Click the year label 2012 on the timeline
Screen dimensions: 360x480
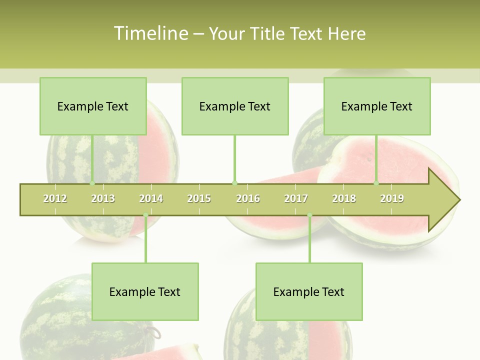coord(55,198)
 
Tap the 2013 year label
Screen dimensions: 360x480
coord(103,198)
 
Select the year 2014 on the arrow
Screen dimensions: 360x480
coord(151,198)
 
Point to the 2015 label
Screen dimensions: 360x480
coord(199,198)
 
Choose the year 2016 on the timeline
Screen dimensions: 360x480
coord(248,198)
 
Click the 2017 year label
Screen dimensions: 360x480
coord(296,198)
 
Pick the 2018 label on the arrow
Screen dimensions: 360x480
coord(344,198)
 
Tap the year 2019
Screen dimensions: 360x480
coord(392,198)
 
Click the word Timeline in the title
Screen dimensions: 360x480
coord(150,33)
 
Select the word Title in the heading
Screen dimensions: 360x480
coord(268,33)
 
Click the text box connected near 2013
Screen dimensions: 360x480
coord(93,106)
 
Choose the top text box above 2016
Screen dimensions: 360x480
coord(235,106)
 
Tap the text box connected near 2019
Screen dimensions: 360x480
coord(377,106)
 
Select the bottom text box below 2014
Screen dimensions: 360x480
coord(145,291)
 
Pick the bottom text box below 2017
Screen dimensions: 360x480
coord(309,291)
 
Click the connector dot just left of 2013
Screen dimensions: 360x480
coord(92,183)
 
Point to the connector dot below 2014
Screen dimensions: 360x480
coord(145,215)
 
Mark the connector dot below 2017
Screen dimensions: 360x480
coord(309,215)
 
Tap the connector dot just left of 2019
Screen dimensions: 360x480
coord(376,183)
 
